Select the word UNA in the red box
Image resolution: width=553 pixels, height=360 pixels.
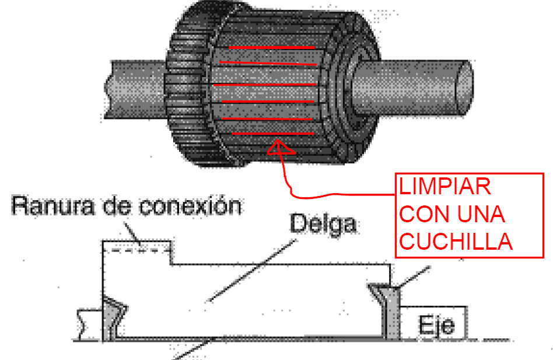[x=478, y=215]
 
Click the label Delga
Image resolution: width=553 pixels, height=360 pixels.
[x=323, y=224]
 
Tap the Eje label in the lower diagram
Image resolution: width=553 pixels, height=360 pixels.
[x=436, y=325]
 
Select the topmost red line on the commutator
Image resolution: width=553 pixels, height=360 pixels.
[x=271, y=47]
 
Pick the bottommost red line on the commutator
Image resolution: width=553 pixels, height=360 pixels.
[x=274, y=134]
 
